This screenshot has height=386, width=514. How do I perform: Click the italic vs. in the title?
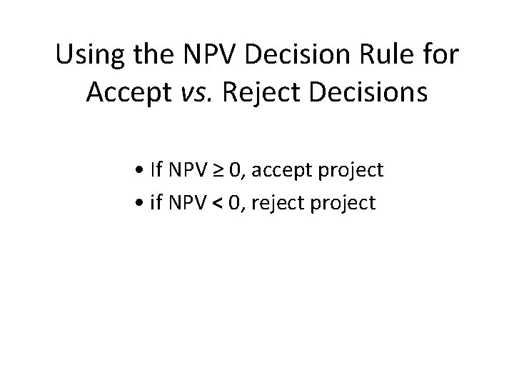[x=198, y=94]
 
